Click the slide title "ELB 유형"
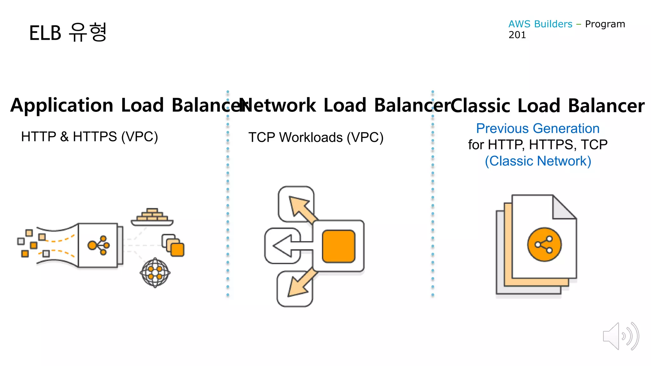[68, 32]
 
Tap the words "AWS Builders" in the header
[540, 24]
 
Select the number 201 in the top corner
[517, 35]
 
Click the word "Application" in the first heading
[62, 105]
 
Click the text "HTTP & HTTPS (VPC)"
[89, 137]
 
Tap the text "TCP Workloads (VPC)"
[316, 137]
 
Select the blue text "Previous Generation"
[538, 128]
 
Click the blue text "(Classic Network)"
[538, 161]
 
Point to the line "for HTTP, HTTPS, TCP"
[538, 145]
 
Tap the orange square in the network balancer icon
[339, 246]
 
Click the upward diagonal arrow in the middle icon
[300, 207]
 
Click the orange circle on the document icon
[544, 244]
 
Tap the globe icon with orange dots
[155, 273]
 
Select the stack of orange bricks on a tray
[152, 216]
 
